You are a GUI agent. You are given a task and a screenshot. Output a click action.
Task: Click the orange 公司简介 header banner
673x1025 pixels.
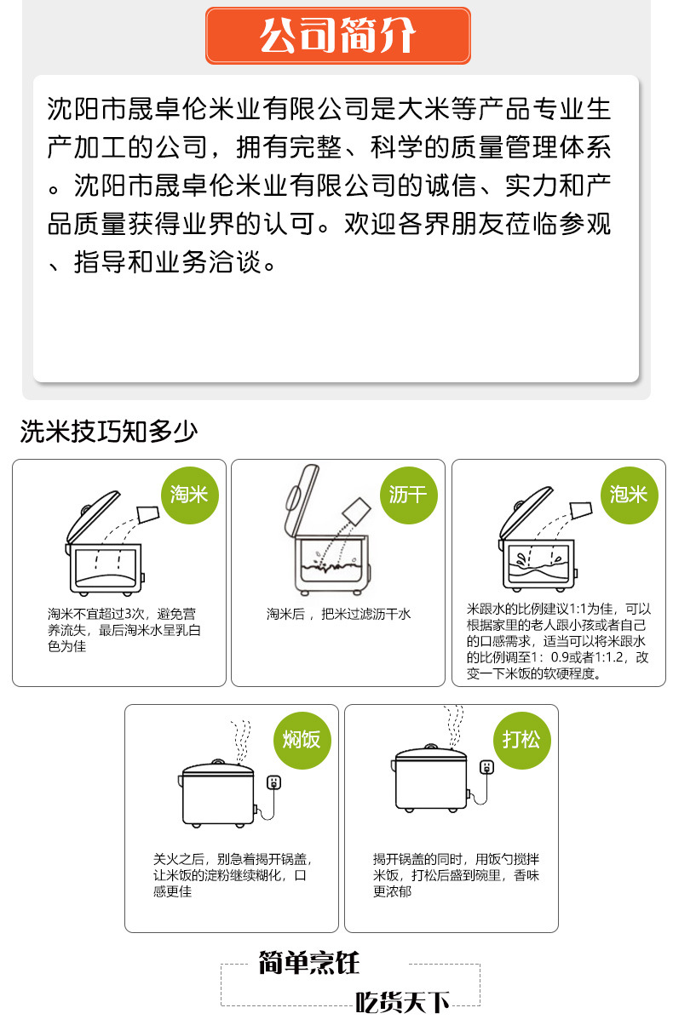point(338,35)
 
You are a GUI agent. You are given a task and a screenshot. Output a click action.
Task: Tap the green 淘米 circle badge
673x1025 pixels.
point(189,495)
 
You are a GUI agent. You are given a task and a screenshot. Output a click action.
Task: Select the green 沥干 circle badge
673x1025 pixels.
point(409,495)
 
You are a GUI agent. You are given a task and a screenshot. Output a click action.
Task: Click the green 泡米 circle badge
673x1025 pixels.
point(629,495)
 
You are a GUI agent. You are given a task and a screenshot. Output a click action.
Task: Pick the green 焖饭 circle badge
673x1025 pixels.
point(302,741)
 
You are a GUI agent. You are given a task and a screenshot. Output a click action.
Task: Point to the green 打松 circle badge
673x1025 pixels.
point(521,741)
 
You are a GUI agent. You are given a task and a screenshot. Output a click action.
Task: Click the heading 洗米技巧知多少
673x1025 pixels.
point(108,431)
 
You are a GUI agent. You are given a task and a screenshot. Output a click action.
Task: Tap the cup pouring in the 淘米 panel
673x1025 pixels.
point(148,514)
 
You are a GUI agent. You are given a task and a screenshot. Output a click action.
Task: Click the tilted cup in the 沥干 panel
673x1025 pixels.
point(357,511)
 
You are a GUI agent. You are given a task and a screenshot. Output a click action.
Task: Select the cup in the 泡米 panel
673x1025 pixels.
point(580,510)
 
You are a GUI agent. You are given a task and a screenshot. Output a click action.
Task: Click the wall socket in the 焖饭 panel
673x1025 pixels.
point(273,782)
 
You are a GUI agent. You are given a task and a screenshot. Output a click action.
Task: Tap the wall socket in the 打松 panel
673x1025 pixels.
point(486,767)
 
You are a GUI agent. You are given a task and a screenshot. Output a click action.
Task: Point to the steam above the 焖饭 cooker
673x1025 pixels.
point(241,742)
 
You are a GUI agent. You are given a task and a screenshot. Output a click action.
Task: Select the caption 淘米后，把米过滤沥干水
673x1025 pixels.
point(338,614)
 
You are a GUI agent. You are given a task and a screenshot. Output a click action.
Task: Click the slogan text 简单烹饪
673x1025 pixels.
point(309,962)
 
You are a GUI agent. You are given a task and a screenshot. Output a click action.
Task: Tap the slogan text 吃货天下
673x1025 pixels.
point(402,1002)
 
